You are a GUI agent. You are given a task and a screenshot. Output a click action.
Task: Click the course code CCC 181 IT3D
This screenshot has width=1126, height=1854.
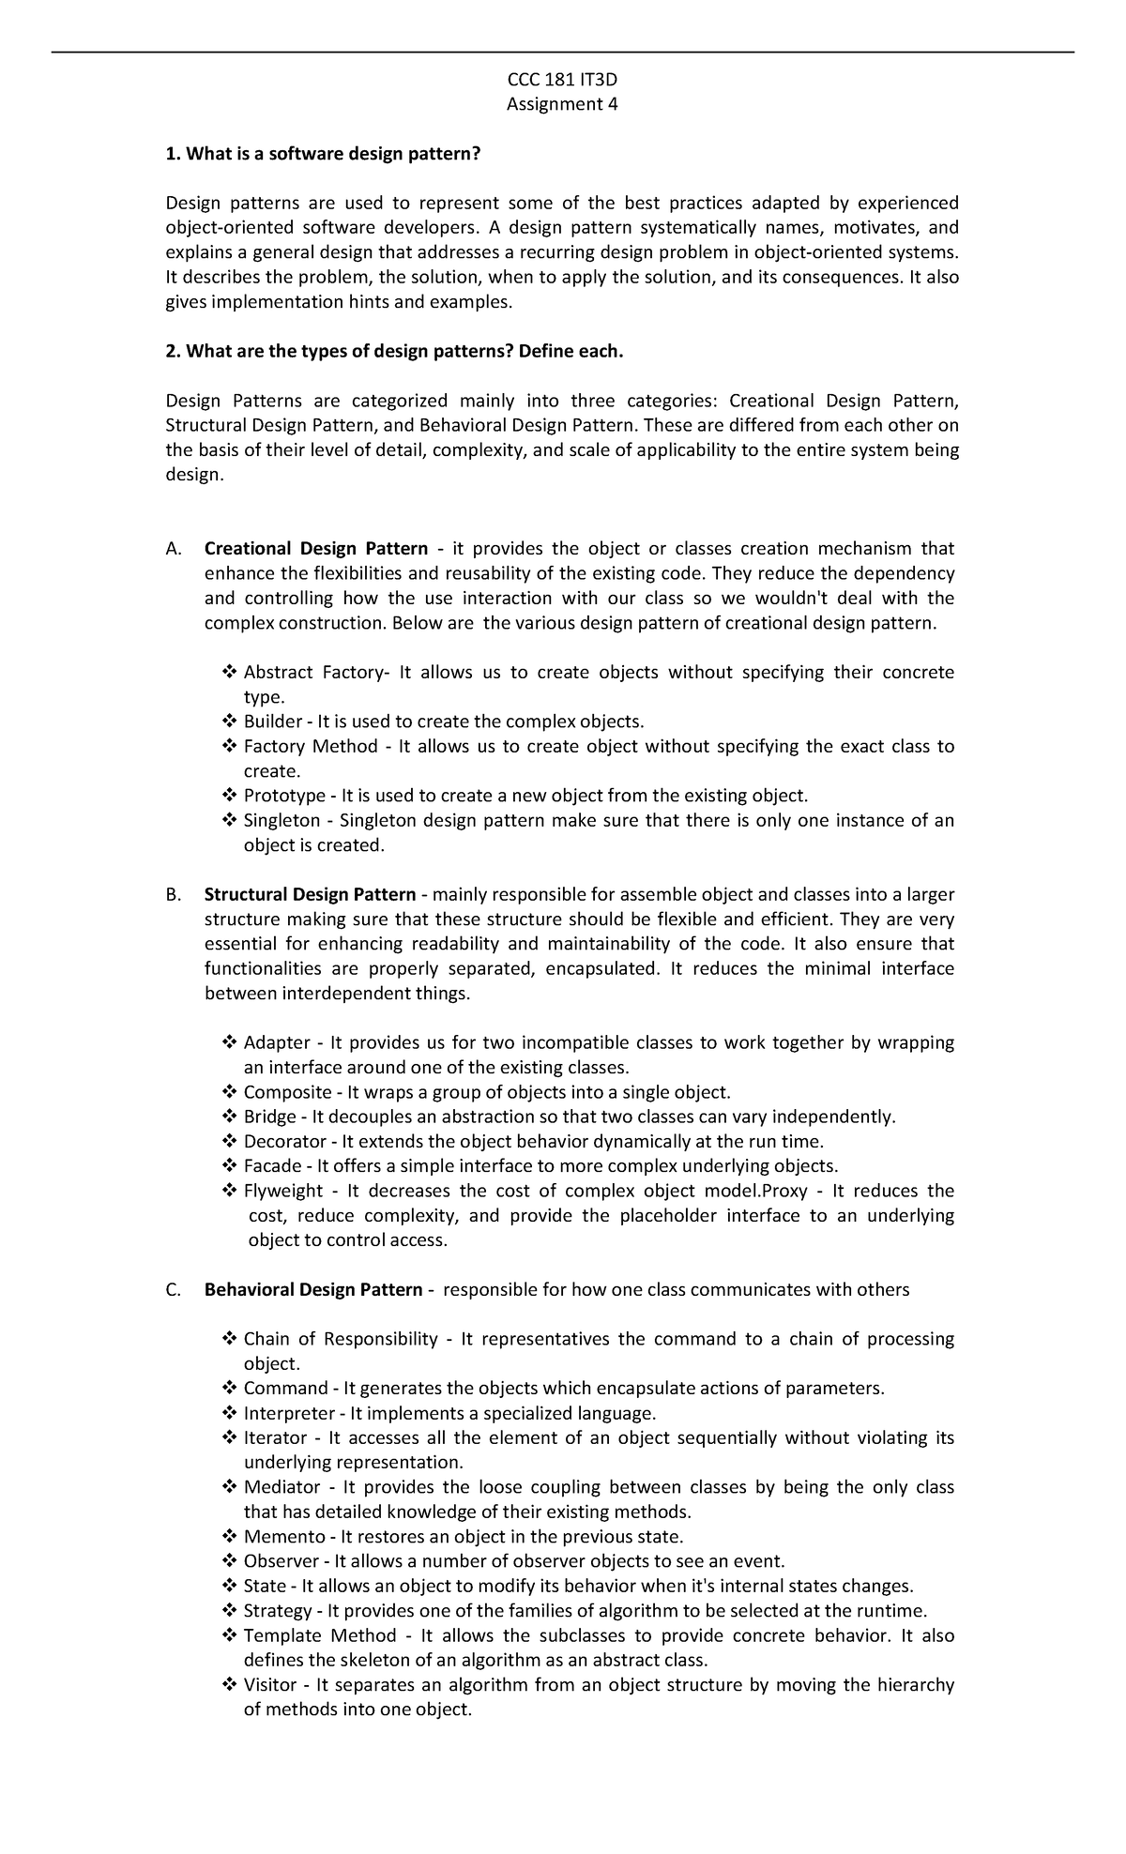click(x=562, y=80)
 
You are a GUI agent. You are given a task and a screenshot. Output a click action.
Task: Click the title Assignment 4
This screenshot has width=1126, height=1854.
click(x=562, y=104)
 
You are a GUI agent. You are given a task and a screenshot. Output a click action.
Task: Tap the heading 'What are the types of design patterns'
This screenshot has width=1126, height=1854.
click(x=394, y=351)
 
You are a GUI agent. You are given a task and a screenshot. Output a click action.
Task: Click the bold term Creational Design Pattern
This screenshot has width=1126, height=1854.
click(x=316, y=549)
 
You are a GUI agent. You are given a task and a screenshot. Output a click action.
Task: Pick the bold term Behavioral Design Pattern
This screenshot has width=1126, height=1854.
click(x=313, y=1290)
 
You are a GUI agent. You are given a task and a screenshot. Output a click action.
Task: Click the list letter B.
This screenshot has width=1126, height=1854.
click(x=173, y=895)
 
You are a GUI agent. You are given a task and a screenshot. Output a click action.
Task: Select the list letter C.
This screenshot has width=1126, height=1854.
click(x=173, y=1290)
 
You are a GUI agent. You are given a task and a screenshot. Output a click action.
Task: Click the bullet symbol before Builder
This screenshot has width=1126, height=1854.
click(x=230, y=722)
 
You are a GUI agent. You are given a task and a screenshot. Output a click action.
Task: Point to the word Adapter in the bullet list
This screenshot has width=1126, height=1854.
click(x=277, y=1043)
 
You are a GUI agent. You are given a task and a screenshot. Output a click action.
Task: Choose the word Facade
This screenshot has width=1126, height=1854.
click(x=272, y=1166)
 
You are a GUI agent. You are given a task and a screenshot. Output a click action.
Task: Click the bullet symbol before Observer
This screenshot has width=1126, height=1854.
click(x=230, y=1561)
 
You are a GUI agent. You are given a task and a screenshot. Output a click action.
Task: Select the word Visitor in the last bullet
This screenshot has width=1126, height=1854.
click(x=270, y=1685)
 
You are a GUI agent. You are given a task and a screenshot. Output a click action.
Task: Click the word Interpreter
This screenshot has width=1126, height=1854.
click(x=289, y=1413)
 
